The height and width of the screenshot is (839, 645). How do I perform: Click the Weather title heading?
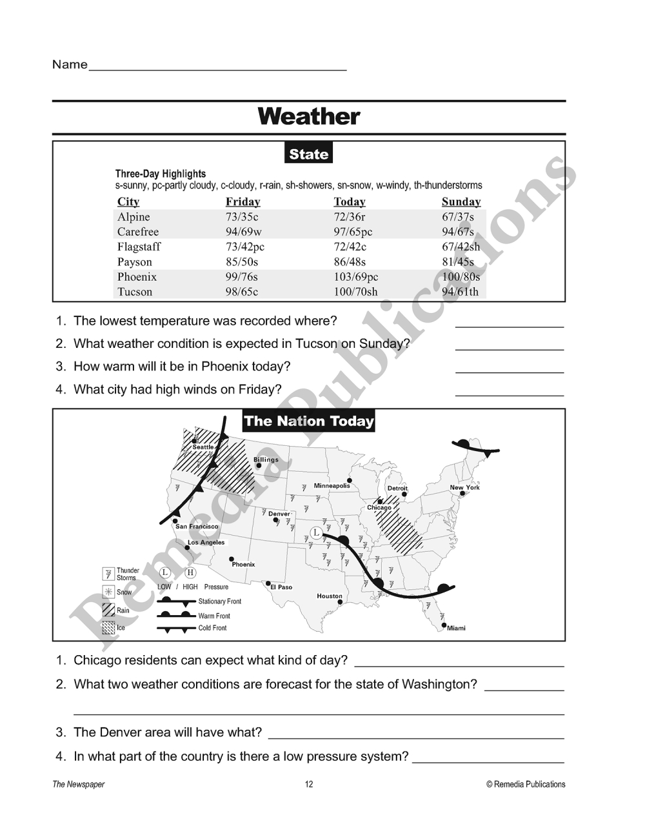[x=309, y=117]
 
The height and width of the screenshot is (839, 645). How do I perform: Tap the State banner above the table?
[x=308, y=154]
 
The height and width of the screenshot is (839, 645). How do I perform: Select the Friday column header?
[x=243, y=201]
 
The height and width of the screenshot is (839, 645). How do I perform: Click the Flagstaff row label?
[x=139, y=247]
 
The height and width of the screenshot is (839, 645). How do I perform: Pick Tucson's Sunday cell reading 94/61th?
[x=460, y=292]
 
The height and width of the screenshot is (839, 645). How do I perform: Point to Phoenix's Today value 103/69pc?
[x=355, y=277]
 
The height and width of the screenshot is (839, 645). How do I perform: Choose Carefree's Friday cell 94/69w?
[x=243, y=232]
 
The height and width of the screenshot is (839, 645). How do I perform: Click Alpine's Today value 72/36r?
[x=349, y=217]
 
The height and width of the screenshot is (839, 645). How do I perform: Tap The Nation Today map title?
[x=308, y=421]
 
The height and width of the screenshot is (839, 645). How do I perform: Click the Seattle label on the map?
[x=203, y=447]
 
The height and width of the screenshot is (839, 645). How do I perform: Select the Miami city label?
[x=456, y=628]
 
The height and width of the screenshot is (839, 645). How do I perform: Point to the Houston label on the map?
[x=330, y=596]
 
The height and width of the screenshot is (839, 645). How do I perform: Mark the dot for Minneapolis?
[x=350, y=480]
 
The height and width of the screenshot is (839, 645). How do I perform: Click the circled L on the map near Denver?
[x=315, y=532]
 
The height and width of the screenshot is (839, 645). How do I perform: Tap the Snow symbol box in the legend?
[x=108, y=592]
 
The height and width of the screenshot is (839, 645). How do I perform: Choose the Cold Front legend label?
[x=212, y=628]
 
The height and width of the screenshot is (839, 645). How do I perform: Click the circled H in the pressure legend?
[x=190, y=572]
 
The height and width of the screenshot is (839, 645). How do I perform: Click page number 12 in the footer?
[x=309, y=784]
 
